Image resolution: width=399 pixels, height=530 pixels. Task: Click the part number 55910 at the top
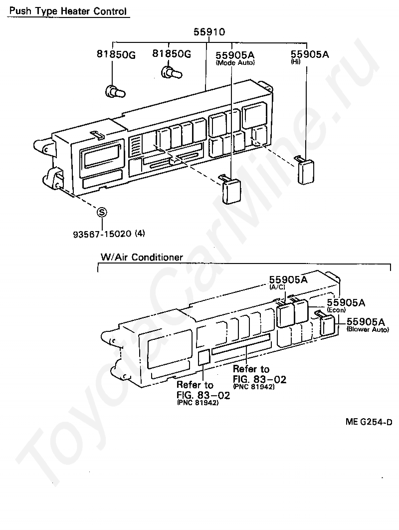209,32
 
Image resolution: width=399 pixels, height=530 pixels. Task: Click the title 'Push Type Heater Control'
68,10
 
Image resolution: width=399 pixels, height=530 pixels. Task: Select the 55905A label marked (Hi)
310,54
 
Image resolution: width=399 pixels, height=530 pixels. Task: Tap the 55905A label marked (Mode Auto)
235,54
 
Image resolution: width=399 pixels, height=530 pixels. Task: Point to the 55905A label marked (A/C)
288,279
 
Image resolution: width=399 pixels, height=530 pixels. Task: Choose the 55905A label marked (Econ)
346,302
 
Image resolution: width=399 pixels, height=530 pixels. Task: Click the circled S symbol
102,212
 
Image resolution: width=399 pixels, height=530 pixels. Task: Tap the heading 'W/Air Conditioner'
142,258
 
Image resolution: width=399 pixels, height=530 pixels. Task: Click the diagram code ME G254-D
369,422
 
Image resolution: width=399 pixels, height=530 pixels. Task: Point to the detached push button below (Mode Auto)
231,190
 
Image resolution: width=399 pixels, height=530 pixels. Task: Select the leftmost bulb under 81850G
114,92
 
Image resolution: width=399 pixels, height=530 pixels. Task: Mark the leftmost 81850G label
116,54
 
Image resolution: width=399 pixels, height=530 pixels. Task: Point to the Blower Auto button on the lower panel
327,325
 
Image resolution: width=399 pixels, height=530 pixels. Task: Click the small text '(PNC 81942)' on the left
198,403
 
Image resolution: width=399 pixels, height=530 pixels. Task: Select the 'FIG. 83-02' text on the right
259,379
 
